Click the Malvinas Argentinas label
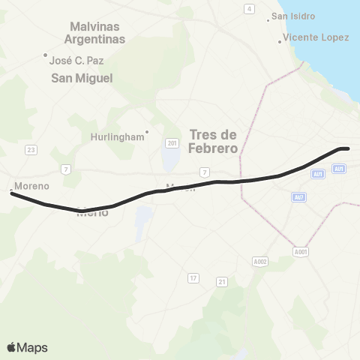(96, 31)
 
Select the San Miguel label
(82, 78)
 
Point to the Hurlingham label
(117, 137)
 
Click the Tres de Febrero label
(214, 141)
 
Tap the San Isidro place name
(293, 16)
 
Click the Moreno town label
(31, 186)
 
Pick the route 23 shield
(31, 150)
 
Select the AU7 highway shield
(300, 196)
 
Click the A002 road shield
(260, 261)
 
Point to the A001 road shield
(301, 252)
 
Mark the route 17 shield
(193, 278)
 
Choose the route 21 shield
(221, 281)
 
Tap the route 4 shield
(249, 8)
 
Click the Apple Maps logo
(27, 347)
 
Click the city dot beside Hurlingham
(148, 133)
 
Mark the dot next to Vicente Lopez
(280, 41)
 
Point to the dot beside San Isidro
(269, 19)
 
